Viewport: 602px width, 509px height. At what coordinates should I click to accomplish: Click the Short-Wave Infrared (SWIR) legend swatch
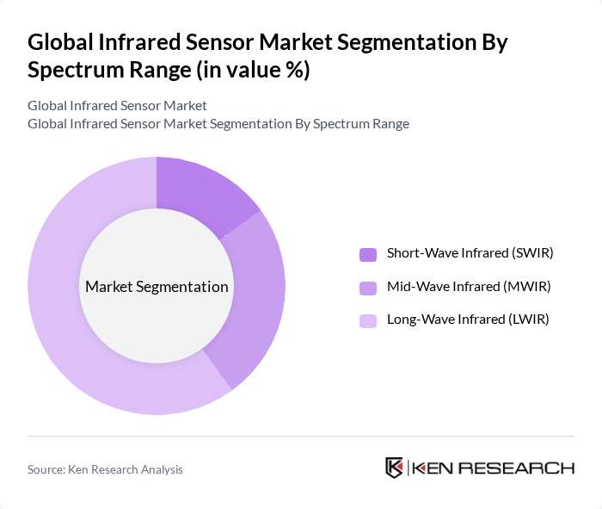[368, 254]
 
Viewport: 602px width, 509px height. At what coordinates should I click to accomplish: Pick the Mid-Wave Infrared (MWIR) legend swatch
[368, 287]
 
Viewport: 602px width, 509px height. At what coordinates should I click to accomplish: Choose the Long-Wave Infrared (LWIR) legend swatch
[368, 320]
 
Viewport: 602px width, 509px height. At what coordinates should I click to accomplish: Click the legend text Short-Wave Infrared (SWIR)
[470, 253]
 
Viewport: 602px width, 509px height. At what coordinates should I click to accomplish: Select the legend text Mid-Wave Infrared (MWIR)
[469, 286]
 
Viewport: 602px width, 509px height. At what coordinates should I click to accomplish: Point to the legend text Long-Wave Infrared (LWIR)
[468, 320]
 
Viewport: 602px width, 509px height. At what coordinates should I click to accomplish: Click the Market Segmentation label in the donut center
[157, 287]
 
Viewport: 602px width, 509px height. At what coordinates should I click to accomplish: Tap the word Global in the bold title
[60, 42]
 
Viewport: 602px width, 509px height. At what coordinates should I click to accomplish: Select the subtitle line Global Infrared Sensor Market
[117, 106]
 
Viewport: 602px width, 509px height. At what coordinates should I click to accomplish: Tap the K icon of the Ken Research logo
[395, 468]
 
